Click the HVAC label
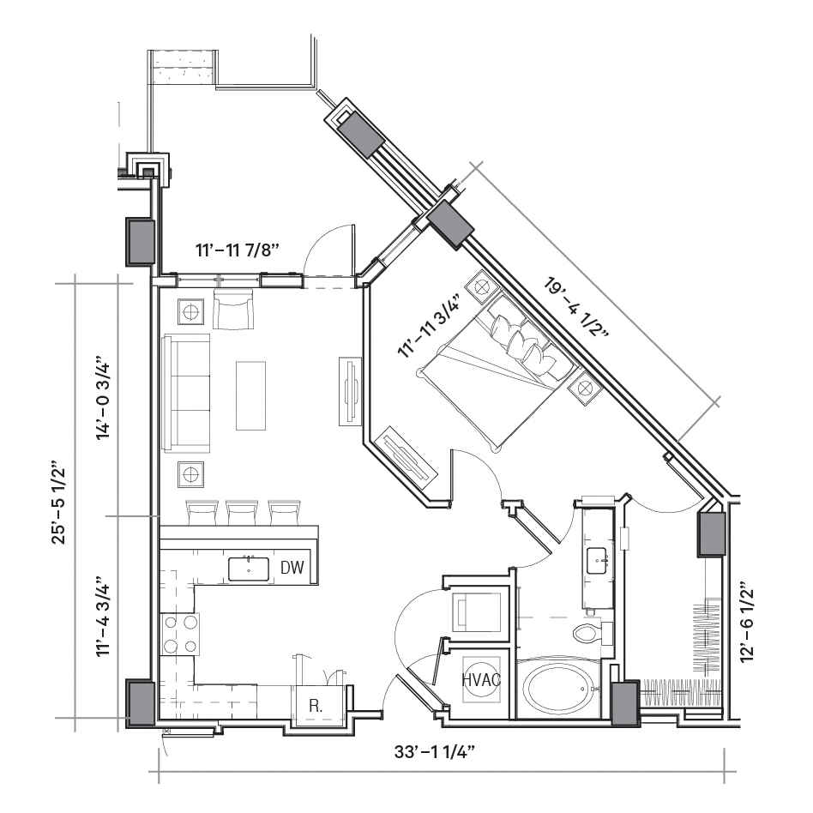click(x=481, y=680)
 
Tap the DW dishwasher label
click(x=292, y=568)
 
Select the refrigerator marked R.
click(x=316, y=705)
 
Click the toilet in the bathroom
click(x=592, y=633)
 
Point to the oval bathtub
click(x=558, y=689)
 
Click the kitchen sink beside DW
click(x=249, y=569)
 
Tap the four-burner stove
click(x=180, y=634)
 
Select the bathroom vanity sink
click(x=600, y=561)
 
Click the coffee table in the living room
click(x=251, y=395)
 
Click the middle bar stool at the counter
click(x=242, y=512)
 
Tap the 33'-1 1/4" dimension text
click(x=435, y=751)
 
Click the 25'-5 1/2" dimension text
click(x=60, y=502)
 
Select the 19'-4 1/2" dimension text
click(x=576, y=309)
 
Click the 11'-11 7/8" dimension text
click(x=238, y=250)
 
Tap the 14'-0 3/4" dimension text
click(x=103, y=397)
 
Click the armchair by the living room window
click(x=234, y=309)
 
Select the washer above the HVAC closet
click(x=478, y=611)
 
